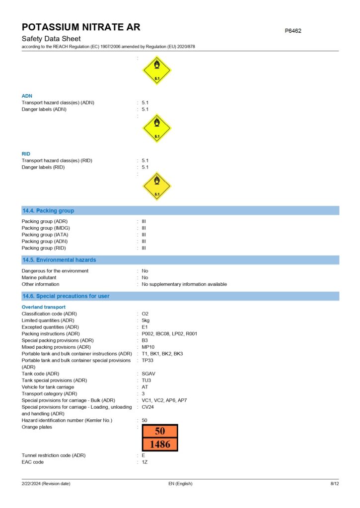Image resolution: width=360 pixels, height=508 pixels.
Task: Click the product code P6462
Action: (293, 31)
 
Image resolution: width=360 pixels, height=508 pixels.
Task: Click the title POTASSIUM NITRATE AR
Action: (81, 27)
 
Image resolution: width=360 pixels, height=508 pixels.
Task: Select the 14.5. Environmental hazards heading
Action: (59, 260)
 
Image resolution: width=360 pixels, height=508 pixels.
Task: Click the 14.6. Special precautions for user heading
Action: (66, 296)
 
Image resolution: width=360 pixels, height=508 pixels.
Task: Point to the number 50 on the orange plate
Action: (160, 431)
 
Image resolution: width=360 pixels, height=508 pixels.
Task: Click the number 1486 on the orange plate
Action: (160, 444)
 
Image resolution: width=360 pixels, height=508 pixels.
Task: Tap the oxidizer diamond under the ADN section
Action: (157, 129)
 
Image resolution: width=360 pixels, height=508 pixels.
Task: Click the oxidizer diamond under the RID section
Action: (157, 187)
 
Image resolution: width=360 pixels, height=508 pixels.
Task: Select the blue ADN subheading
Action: (27, 96)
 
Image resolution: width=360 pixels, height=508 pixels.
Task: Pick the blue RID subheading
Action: (26, 154)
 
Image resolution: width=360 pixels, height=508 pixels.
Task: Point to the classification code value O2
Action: (145, 314)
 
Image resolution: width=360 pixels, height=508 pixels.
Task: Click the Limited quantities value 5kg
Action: (146, 320)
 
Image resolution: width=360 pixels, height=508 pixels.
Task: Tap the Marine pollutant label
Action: (39, 278)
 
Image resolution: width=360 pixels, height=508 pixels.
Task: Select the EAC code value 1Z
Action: (144, 462)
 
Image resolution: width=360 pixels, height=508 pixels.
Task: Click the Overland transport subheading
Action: (43, 307)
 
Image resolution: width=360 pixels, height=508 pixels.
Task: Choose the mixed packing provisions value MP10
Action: (147, 347)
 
